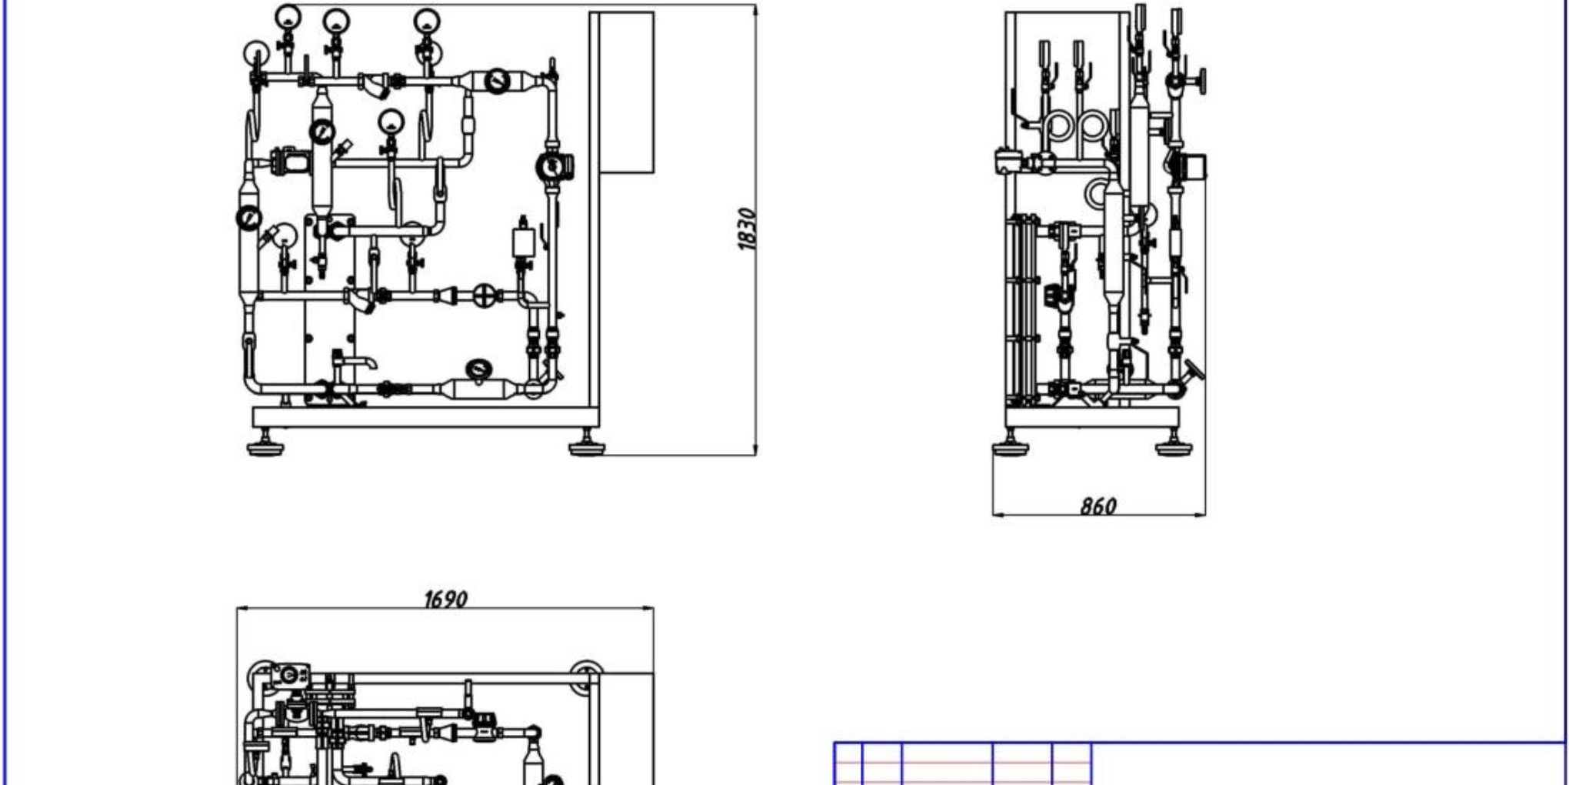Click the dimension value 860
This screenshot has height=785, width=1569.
click(1098, 506)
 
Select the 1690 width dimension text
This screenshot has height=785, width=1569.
click(445, 599)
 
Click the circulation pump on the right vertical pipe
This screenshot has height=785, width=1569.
click(554, 167)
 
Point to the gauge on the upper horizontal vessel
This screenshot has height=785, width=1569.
click(498, 80)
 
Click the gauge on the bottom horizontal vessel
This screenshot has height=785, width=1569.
click(480, 370)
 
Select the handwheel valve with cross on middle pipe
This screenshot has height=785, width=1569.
click(485, 296)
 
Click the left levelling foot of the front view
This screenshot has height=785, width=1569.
click(265, 447)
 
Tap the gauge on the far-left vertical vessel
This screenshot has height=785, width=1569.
click(249, 219)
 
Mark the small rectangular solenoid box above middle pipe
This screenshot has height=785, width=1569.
click(524, 241)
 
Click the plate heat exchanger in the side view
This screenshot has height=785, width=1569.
click(1021, 308)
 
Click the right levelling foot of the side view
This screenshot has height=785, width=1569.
click(1174, 447)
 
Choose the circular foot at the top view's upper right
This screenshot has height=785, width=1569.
click(585, 675)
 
